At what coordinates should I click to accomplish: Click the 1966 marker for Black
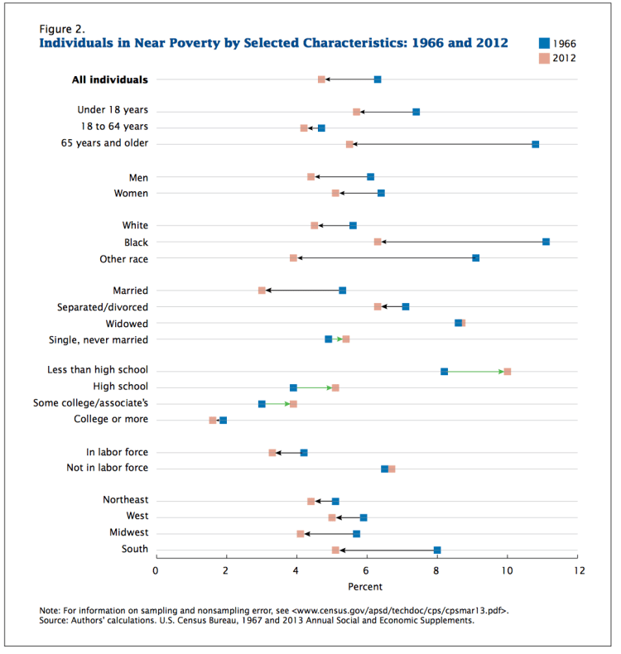(546, 242)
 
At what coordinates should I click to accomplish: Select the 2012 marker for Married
(262, 291)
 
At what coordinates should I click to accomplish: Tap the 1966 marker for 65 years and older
(536, 144)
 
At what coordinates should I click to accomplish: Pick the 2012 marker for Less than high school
(507, 372)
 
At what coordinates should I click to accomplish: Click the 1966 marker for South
(437, 550)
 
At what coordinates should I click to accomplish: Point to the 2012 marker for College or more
(213, 421)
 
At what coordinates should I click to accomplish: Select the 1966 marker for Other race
(475, 258)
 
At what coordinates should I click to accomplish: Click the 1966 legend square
(544, 42)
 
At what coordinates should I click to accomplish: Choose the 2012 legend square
(544, 58)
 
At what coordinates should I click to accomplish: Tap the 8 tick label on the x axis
(437, 570)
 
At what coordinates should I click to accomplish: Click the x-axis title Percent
(365, 587)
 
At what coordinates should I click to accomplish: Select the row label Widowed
(128, 323)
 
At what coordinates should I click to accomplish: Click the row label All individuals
(109, 79)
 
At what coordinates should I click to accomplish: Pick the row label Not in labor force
(107, 469)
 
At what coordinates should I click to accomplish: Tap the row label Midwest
(129, 532)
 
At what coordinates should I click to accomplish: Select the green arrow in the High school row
(314, 387)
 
